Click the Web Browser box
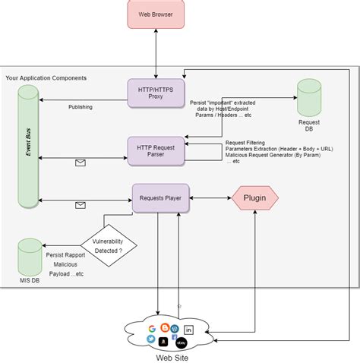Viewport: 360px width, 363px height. (155, 15)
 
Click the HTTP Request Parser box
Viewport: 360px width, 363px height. (156, 149)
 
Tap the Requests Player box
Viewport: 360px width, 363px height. (160, 198)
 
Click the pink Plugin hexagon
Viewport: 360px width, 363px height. (255, 199)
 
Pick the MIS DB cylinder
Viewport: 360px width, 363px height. (30, 258)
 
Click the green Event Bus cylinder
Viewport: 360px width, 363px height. (28, 148)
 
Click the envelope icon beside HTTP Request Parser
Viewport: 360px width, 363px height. (81, 162)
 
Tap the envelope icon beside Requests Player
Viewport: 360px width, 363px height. (81, 204)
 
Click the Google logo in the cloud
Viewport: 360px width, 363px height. (152, 328)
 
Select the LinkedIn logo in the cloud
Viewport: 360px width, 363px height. (189, 329)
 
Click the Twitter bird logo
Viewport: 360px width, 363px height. (152, 339)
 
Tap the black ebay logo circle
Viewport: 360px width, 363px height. (181, 343)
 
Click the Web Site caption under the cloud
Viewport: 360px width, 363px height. (172, 357)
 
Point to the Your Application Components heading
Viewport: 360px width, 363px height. (46, 78)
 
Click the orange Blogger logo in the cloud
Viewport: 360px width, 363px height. (164, 327)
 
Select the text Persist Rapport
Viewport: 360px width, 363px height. (65, 254)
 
